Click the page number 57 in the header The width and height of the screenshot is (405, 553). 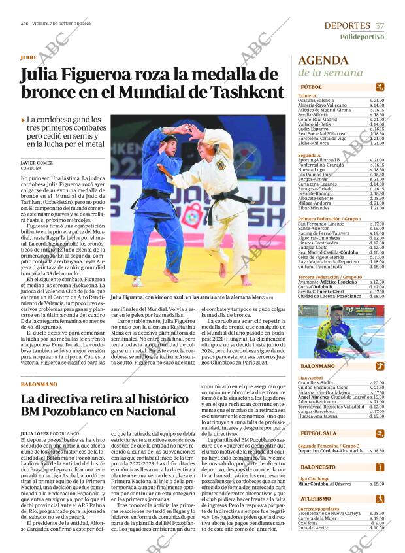[380, 25]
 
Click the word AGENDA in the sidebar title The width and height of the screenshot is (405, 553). [323, 61]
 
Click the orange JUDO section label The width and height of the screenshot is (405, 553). [28, 58]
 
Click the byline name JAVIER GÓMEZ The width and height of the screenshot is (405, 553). [37, 163]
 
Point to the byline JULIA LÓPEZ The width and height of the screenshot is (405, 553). [33, 433]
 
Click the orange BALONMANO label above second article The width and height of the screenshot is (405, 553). [39, 384]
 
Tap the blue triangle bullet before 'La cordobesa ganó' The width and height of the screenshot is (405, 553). [24, 120]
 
